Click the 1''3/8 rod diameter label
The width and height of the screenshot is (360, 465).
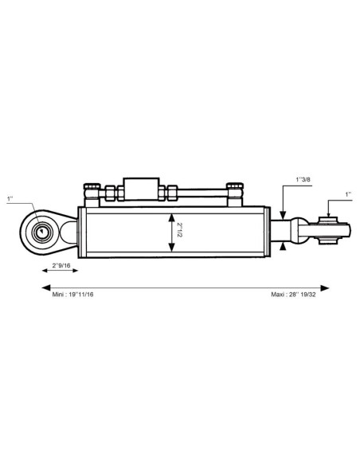pos(303,179)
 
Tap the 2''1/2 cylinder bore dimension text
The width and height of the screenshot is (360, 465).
pos(179,230)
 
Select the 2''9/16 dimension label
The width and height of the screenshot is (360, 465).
pos(61,265)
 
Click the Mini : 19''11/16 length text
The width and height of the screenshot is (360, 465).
pos(72,295)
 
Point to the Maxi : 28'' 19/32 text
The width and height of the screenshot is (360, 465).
pos(293,295)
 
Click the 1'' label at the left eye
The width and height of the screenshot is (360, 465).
pos(10,198)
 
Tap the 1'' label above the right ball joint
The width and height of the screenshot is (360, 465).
pos(348,194)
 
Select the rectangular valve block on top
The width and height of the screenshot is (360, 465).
pos(141,189)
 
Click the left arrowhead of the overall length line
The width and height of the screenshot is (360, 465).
pos(45,287)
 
